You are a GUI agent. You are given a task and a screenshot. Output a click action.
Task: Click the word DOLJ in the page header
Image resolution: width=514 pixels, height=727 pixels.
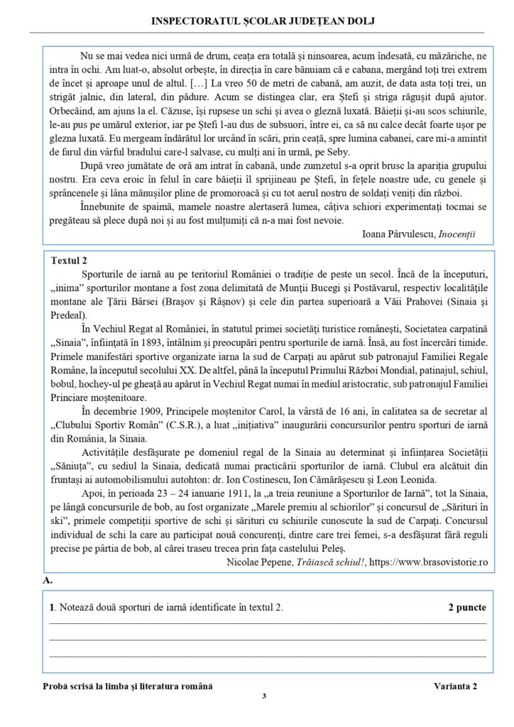click(361, 21)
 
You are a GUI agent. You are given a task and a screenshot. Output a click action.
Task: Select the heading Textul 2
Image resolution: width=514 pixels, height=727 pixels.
click(70, 261)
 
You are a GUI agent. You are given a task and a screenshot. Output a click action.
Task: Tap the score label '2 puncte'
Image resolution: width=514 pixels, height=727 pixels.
click(467, 608)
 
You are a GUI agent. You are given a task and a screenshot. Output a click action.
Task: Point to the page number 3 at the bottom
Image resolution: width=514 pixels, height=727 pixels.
click(263, 696)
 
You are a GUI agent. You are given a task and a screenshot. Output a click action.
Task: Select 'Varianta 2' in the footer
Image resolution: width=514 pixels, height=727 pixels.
click(456, 685)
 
